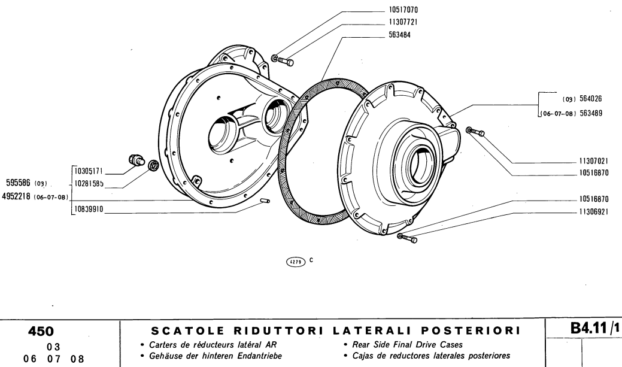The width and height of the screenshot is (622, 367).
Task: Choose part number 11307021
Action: pyautogui.click(x=594, y=162)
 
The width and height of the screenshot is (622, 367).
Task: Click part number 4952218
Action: pyautogui.click(x=17, y=196)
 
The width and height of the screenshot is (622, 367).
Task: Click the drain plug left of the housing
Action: pyautogui.click(x=136, y=160)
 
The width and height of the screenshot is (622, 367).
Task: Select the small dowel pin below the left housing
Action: pyautogui.click(x=266, y=202)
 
